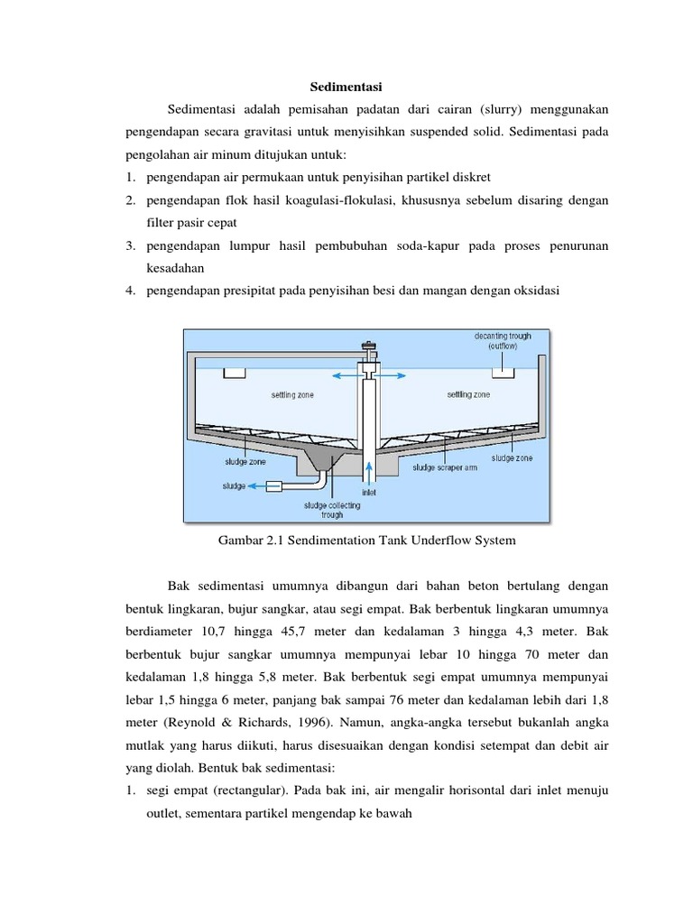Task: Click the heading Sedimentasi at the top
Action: coord(346,88)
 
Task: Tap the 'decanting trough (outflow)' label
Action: coord(503,340)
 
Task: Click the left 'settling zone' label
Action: coord(292,395)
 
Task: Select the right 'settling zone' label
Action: coord(468,395)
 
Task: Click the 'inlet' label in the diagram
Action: coord(369,493)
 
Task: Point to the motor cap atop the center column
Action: coord(367,347)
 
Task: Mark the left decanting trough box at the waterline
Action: coord(236,372)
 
